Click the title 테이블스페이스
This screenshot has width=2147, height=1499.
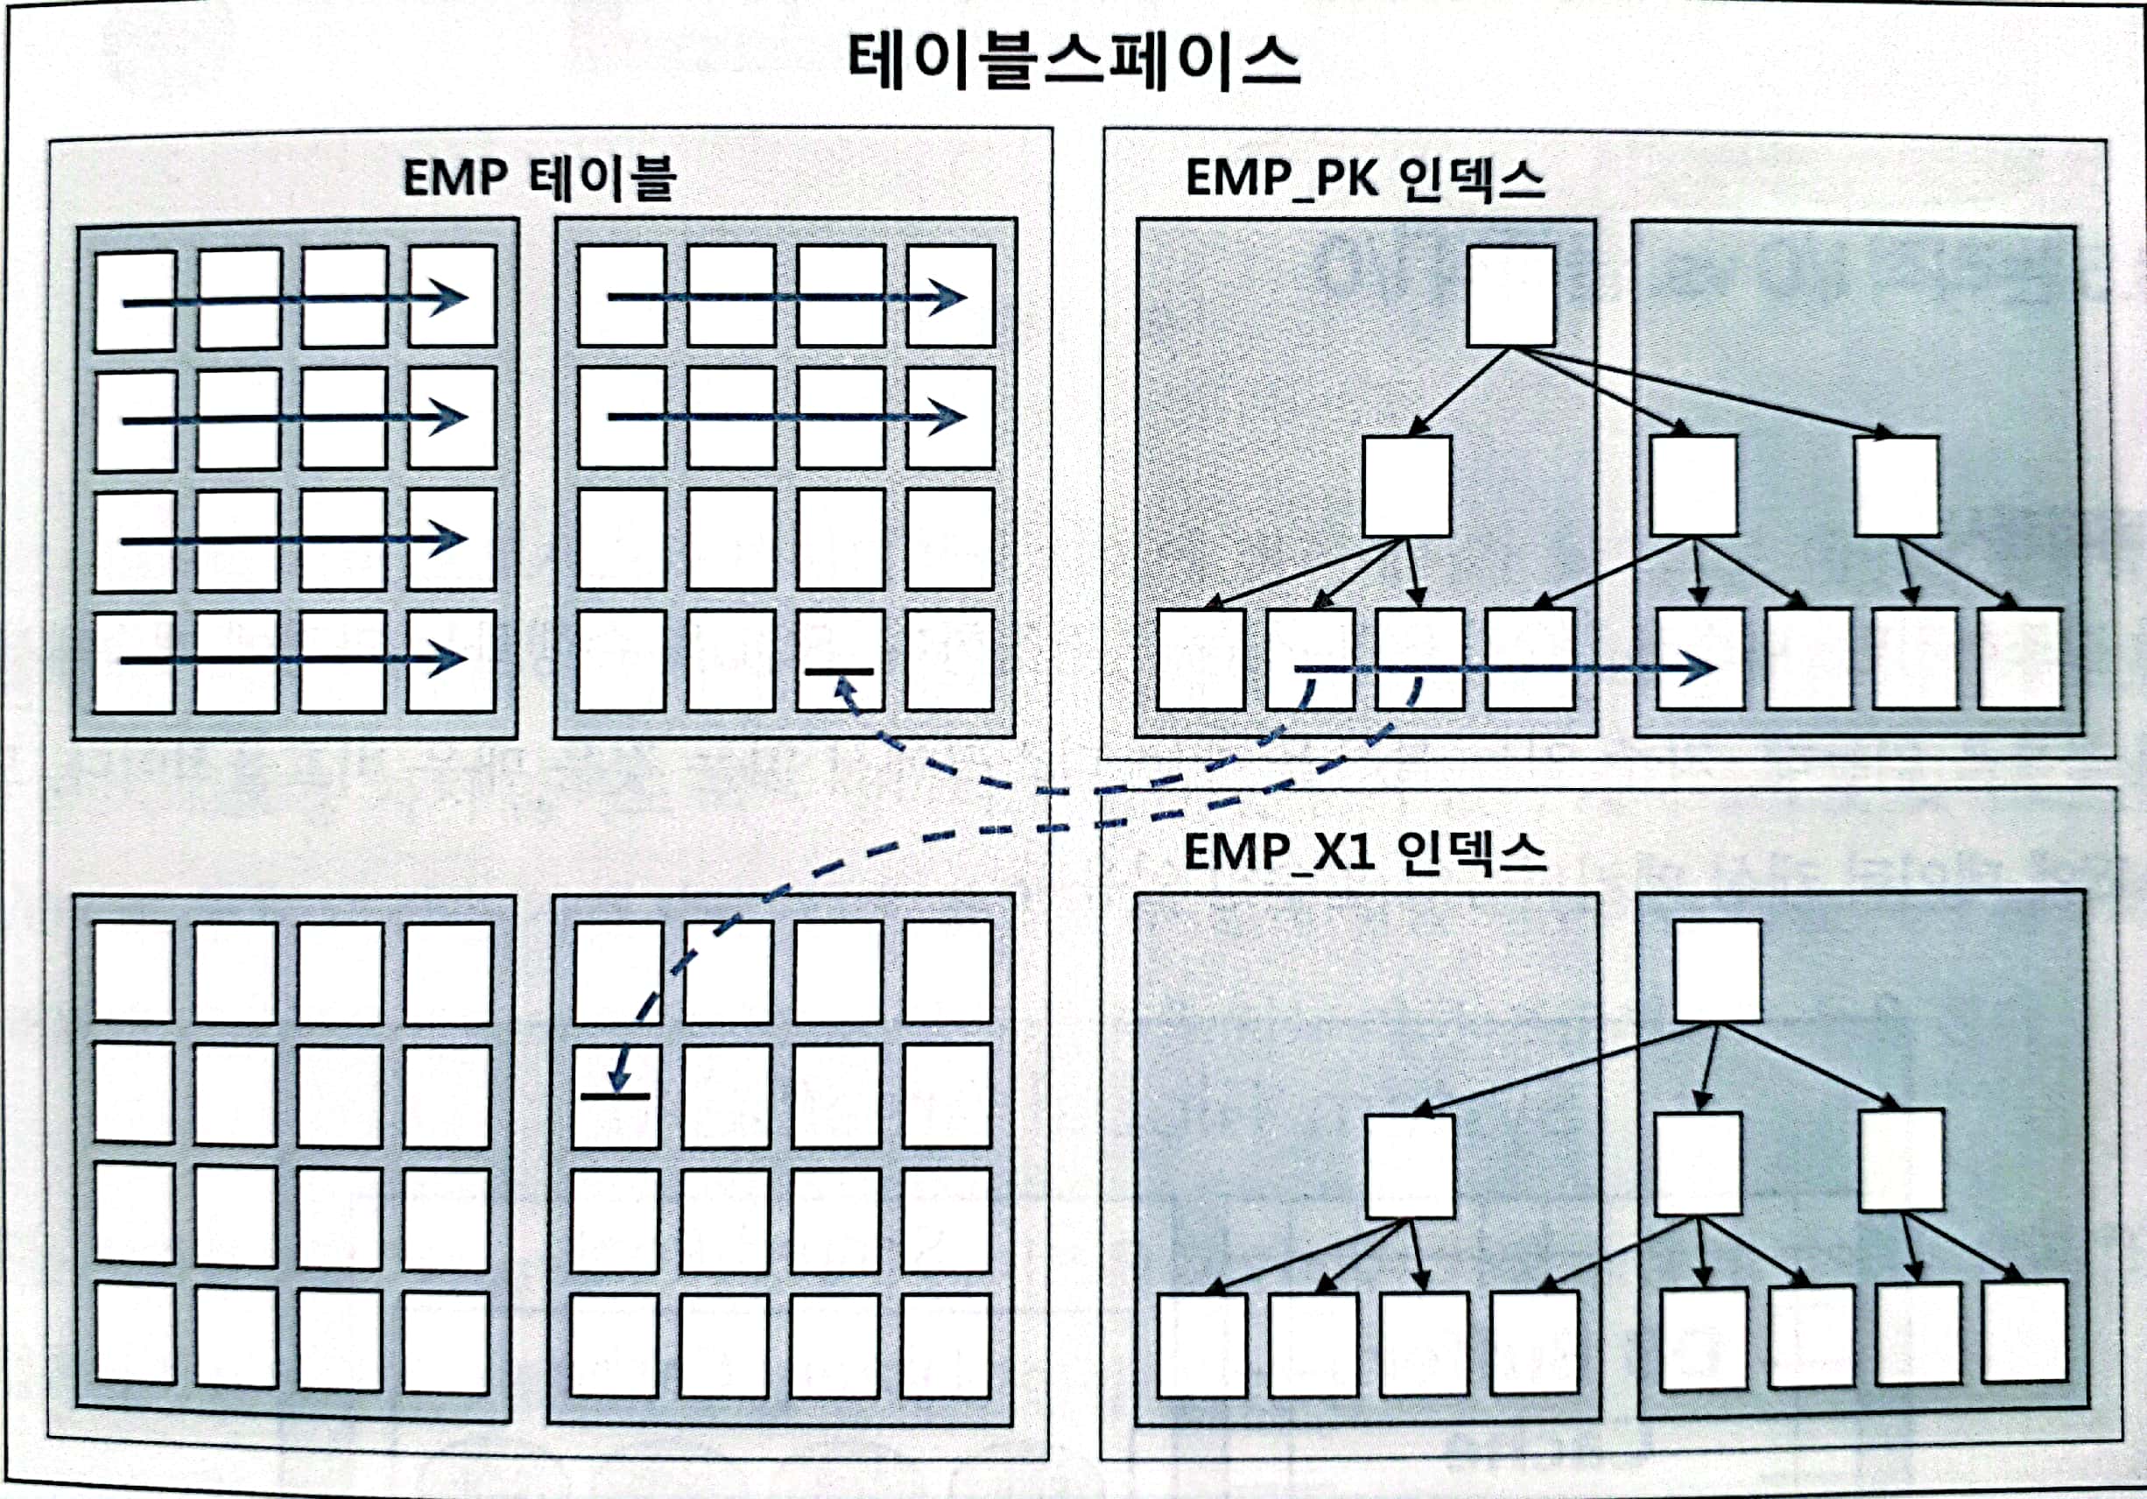1073,61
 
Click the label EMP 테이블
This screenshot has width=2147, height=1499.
539,178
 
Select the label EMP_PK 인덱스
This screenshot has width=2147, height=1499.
1364,178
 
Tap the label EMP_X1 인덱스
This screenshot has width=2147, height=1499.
1364,852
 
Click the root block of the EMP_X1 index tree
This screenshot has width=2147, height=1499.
1717,971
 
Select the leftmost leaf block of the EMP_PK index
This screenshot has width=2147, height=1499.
1200,660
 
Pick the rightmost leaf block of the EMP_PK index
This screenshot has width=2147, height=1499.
2021,658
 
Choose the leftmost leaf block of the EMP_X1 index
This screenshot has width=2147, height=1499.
1201,1345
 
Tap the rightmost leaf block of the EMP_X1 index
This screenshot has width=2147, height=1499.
2024,1332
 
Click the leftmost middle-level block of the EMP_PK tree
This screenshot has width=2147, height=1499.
1406,486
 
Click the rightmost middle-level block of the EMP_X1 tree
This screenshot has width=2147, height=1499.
1901,1160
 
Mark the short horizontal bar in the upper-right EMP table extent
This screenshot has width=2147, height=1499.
839,672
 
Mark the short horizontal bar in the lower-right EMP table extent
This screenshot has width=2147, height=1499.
616,1095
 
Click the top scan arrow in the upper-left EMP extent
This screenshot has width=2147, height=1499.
294,300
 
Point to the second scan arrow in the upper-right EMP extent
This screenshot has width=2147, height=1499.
785,417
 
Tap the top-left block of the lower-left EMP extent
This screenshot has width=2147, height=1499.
134,972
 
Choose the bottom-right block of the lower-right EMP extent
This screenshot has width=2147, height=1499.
946,1347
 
